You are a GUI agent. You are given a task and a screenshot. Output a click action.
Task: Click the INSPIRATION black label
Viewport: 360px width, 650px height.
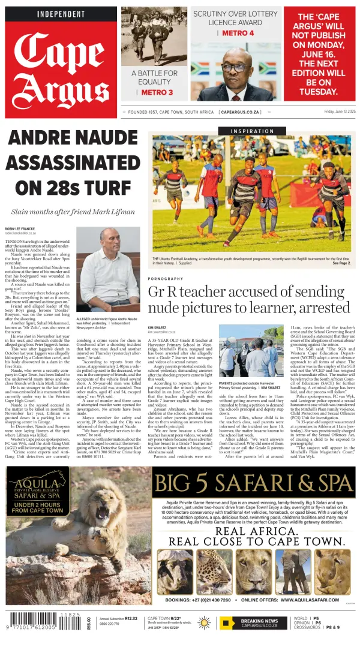coord(253,131)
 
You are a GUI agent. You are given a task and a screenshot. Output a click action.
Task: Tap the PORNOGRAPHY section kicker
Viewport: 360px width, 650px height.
coord(166,279)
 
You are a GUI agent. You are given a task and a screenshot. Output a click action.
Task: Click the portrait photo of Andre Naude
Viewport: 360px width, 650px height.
coord(108,270)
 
